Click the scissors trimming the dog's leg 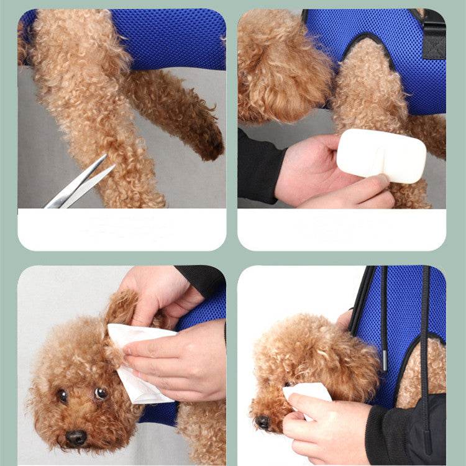click(x=81, y=183)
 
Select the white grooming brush click(x=380, y=155)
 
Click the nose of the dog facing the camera click(x=76, y=437)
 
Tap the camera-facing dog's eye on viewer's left click(x=62, y=395)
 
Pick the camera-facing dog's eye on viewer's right click(x=101, y=393)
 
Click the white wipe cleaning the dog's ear click(x=140, y=360)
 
